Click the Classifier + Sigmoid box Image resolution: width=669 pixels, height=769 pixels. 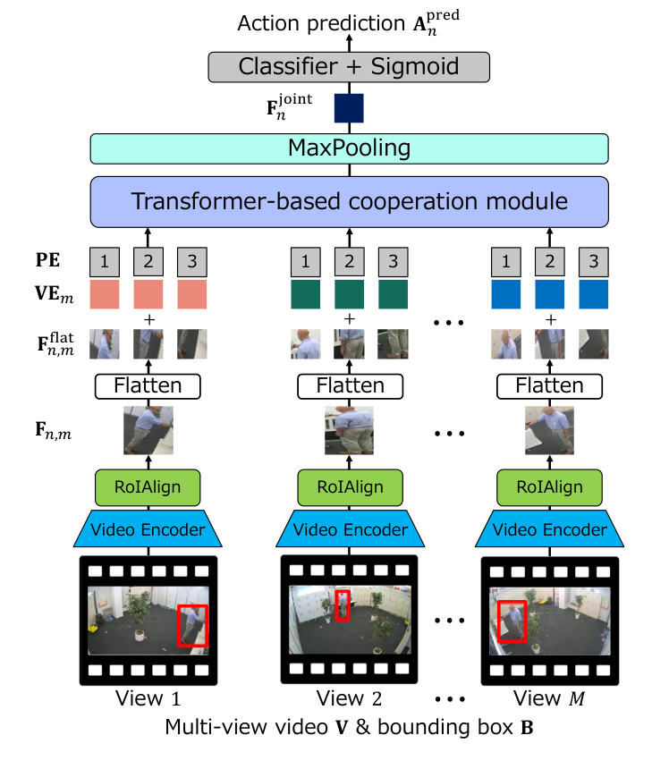pos(349,65)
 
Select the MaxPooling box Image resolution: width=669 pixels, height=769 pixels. pos(349,148)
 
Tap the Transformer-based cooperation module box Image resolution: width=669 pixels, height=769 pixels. pos(349,201)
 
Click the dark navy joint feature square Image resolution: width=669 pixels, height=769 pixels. pos(349,107)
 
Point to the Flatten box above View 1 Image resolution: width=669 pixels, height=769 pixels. pos(148,385)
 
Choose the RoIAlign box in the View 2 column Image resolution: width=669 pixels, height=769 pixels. pos(349,487)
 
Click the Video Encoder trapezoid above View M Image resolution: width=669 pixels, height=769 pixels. pos(550,530)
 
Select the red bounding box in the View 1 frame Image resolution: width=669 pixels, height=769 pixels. pos(192,625)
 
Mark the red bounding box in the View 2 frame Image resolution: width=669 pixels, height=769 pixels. pos(343,605)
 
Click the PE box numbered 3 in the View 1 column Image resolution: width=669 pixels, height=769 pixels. pos(191,262)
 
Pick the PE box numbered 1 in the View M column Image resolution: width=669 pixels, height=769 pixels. pos(506,262)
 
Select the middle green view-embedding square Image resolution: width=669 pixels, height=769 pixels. pos(349,294)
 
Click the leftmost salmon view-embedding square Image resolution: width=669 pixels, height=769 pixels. pos(104,294)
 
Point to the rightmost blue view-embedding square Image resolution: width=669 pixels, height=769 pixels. pos(593,294)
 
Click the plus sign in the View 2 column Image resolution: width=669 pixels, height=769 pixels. pos(349,319)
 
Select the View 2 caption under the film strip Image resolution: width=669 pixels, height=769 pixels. pos(349,697)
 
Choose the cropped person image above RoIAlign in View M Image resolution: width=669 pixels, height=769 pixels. pos(549,430)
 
